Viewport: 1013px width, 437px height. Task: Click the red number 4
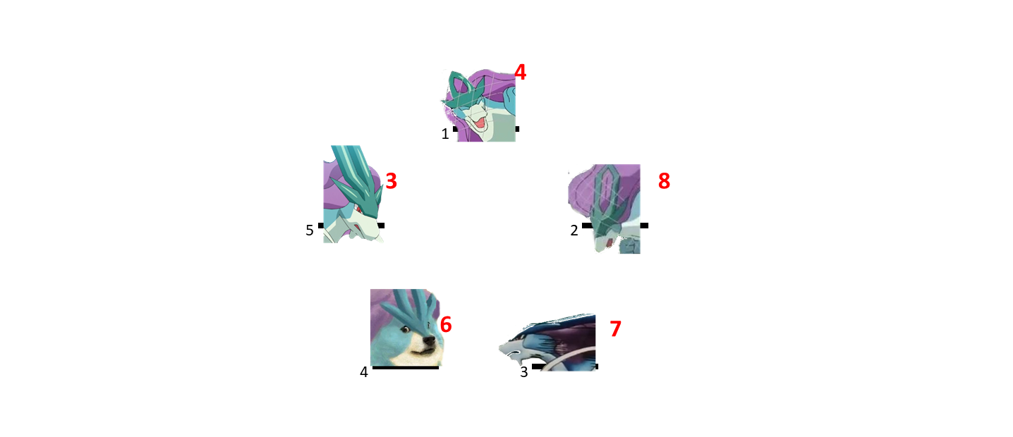(520, 73)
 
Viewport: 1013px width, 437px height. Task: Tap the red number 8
(664, 180)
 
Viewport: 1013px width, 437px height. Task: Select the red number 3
(392, 180)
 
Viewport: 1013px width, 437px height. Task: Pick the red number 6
(446, 324)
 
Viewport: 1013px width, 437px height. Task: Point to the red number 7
(615, 328)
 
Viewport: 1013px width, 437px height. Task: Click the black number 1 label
(445, 134)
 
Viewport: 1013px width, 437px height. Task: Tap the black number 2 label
(574, 230)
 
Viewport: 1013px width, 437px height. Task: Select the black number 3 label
(524, 372)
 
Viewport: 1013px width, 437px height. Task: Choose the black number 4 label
(364, 372)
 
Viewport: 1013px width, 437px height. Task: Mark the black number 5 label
(309, 230)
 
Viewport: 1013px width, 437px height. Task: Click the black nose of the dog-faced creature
(428, 340)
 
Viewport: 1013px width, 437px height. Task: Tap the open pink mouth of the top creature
(477, 121)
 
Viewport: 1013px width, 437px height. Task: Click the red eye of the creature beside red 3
(358, 209)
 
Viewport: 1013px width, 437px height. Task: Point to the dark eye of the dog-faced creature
(407, 329)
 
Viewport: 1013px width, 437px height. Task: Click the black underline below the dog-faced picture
(405, 368)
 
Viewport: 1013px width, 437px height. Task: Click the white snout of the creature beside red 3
(366, 228)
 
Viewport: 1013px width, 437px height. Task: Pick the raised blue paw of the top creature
(509, 97)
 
